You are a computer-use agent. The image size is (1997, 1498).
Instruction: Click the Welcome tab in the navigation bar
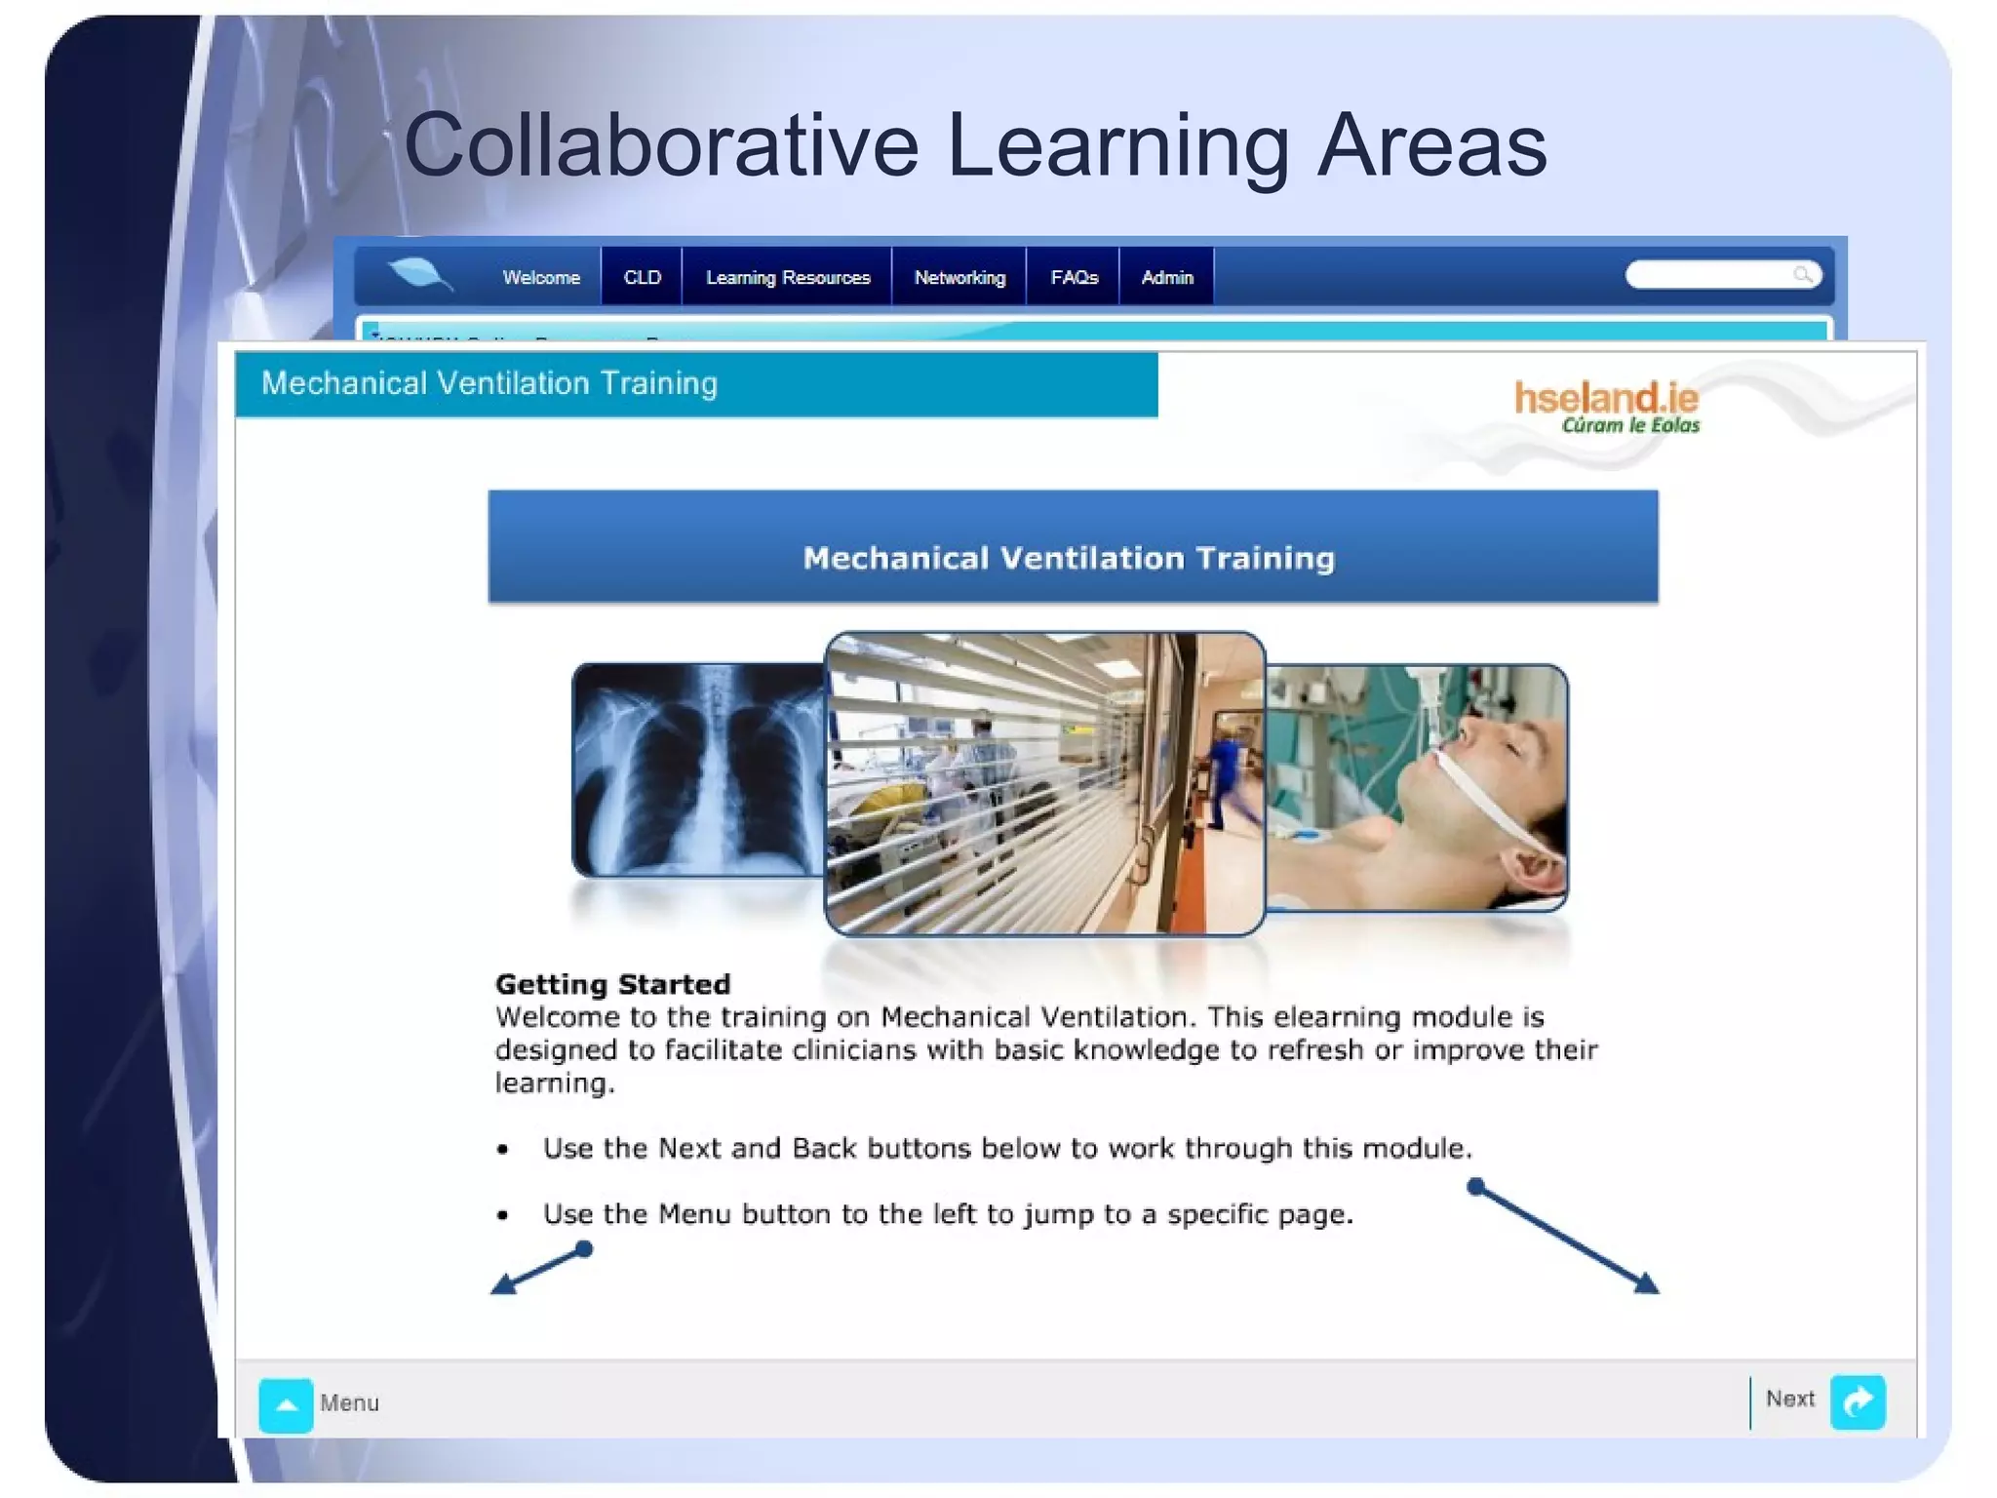(x=541, y=278)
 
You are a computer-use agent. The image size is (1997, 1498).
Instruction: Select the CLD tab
(x=642, y=278)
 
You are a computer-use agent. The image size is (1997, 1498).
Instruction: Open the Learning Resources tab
(x=787, y=278)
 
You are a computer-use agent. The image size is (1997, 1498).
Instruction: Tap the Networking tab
(x=959, y=278)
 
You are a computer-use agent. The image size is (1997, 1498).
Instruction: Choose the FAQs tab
(x=1074, y=278)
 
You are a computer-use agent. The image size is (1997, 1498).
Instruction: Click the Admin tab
(x=1167, y=278)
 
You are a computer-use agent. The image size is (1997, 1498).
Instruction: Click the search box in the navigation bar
(x=1711, y=276)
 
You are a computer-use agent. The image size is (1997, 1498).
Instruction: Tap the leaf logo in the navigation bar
(x=418, y=274)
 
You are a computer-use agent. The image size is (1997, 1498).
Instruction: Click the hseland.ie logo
(x=1606, y=406)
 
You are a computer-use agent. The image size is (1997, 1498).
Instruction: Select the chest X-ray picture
(x=698, y=770)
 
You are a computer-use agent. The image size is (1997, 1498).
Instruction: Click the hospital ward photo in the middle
(x=1044, y=783)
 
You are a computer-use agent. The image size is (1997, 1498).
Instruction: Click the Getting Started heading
(x=612, y=984)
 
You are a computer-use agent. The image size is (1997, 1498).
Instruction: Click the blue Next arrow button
(x=1858, y=1401)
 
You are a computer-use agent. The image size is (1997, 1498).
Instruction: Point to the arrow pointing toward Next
(x=1564, y=1239)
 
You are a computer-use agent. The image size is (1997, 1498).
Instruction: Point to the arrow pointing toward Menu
(x=541, y=1270)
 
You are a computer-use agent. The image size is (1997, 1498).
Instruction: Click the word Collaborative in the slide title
(x=661, y=145)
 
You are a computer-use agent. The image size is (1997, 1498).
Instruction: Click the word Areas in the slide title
(x=1430, y=145)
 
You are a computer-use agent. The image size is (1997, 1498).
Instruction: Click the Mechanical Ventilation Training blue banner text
(x=1069, y=558)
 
